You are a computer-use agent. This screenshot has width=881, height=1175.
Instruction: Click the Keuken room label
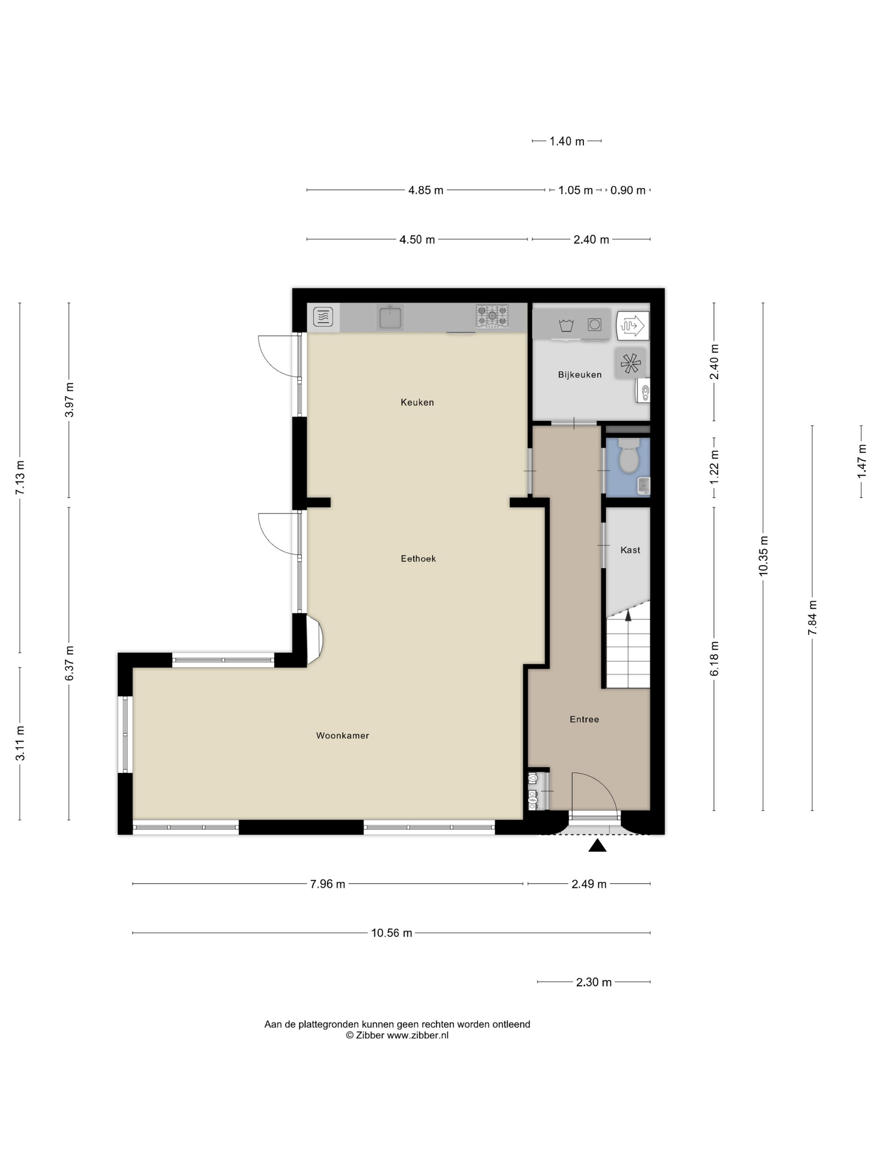pyautogui.click(x=417, y=402)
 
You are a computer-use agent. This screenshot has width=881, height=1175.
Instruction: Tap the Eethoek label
pyautogui.click(x=418, y=558)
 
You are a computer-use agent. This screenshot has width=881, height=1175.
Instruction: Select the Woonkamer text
pyautogui.click(x=342, y=735)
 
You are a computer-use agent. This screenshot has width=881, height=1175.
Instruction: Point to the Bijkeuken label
pyautogui.click(x=579, y=374)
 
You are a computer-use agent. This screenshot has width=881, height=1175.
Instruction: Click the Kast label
pyautogui.click(x=630, y=550)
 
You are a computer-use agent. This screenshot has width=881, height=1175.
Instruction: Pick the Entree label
pyautogui.click(x=584, y=719)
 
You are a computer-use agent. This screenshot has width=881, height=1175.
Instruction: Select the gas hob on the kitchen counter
pyautogui.click(x=492, y=316)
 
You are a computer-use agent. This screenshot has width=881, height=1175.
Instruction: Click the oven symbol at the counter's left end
pyautogui.click(x=323, y=317)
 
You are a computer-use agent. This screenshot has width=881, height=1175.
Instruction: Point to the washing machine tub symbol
pyautogui.click(x=566, y=325)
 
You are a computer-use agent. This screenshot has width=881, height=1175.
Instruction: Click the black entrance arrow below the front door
pyautogui.click(x=597, y=845)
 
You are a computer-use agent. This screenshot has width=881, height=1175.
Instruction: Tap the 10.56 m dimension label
pyautogui.click(x=391, y=933)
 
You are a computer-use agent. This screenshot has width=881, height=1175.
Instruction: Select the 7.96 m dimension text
pyautogui.click(x=327, y=884)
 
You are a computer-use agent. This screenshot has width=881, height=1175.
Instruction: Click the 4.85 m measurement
pyautogui.click(x=425, y=190)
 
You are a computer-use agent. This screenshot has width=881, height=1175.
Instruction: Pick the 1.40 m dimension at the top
pyautogui.click(x=567, y=141)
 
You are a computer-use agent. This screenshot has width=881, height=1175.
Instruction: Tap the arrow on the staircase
pyautogui.click(x=628, y=616)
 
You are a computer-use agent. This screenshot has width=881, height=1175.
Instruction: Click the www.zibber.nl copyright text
pyautogui.click(x=397, y=1035)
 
